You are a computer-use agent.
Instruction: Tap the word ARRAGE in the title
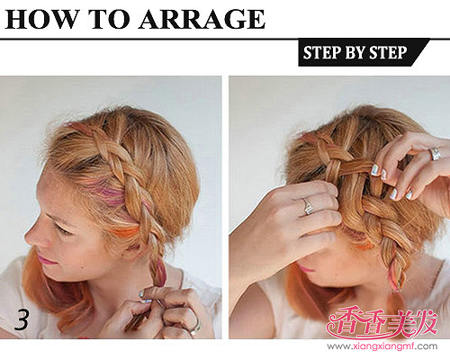202,19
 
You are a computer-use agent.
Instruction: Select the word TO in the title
109,19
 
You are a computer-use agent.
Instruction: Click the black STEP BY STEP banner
364,52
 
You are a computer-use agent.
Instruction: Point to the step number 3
22,319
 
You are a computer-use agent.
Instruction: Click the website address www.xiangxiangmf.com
382,346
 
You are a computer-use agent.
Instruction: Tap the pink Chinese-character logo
382,323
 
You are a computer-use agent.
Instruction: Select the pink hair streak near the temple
109,192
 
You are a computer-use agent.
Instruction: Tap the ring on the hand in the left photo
195,327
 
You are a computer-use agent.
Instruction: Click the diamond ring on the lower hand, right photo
308,206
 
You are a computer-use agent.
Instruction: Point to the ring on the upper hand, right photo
436,154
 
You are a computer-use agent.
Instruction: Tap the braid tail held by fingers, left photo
157,274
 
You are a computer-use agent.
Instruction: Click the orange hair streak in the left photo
126,231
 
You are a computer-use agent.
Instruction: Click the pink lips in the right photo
306,268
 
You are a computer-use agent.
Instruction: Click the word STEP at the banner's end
388,52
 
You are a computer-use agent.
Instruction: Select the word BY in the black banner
355,52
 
